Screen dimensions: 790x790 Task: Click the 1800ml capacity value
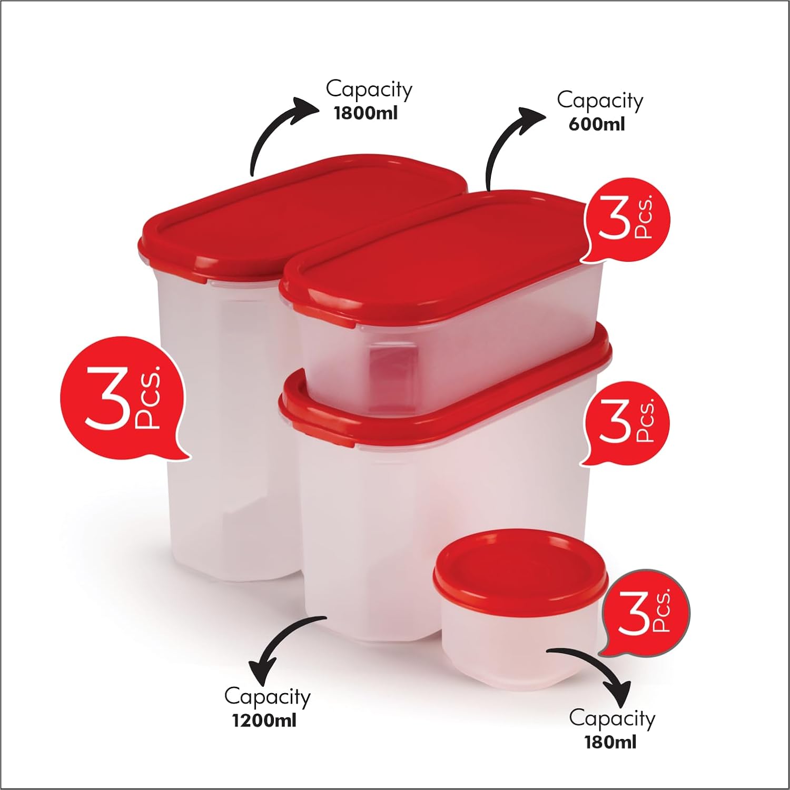coord(366,113)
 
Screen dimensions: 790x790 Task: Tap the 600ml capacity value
coord(597,124)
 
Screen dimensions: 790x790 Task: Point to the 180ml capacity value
coord(610,742)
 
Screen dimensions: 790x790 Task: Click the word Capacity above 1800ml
coord(369,90)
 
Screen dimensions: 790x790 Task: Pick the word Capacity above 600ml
coord(600,101)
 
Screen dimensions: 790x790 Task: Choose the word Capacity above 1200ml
coord(267,697)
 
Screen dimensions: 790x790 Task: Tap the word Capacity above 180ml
coord(612,718)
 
